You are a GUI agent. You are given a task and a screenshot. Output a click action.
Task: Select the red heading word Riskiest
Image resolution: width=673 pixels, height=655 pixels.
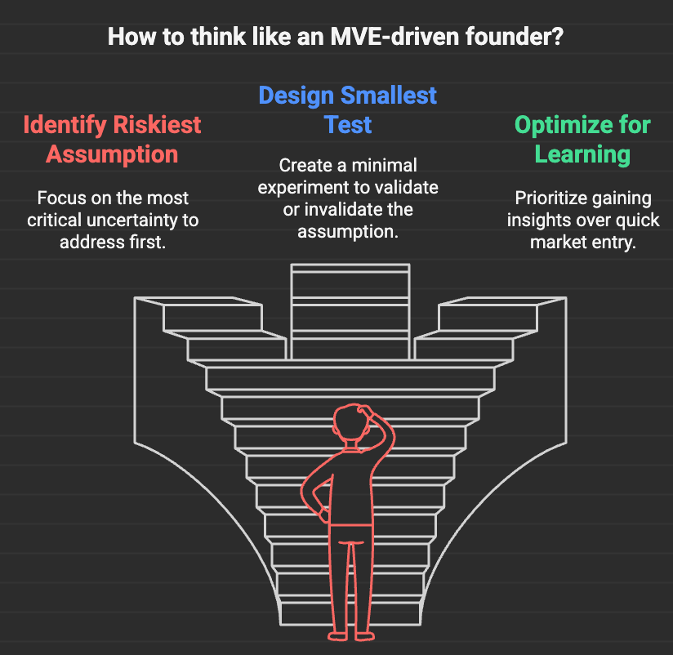point(157,125)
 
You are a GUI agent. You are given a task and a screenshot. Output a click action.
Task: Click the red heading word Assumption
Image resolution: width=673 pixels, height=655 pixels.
point(112,154)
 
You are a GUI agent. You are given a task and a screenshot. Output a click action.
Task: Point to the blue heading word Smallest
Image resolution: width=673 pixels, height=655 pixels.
point(389,96)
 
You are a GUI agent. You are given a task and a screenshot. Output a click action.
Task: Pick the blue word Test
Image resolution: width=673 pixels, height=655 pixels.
point(348,125)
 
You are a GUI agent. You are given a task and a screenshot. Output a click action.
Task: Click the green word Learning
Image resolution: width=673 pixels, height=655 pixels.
point(582,155)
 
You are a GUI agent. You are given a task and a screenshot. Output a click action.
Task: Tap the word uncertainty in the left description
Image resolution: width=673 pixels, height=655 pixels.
point(131,221)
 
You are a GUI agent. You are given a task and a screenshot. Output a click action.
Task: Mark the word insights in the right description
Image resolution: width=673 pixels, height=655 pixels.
point(535,221)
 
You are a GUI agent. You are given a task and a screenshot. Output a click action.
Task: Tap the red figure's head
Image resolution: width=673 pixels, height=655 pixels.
point(351,423)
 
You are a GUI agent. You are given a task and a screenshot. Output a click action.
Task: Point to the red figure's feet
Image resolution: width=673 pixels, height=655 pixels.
point(351,636)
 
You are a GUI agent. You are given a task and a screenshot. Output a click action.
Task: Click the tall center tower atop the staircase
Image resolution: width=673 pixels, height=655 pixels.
point(350,312)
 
